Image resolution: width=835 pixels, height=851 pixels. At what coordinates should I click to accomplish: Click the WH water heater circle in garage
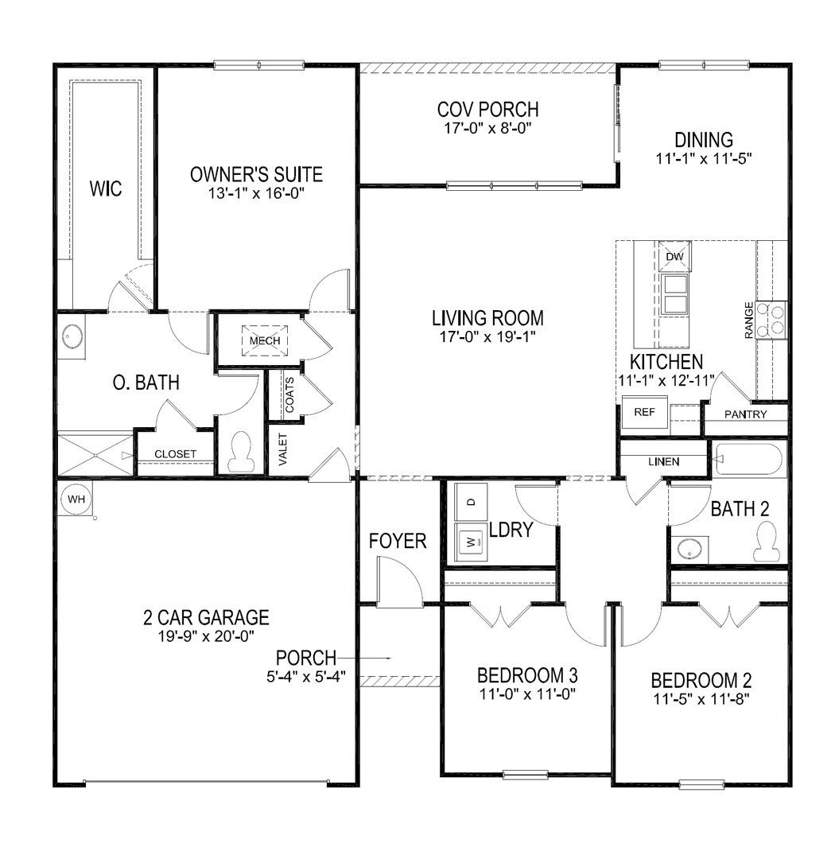click(x=76, y=499)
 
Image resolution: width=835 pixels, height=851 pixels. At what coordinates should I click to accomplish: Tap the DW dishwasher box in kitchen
click(x=674, y=257)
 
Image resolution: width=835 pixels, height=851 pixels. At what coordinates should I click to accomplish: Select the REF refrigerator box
click(x=643, y=412)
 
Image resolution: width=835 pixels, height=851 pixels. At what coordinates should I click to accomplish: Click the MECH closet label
click(x=265, y=340)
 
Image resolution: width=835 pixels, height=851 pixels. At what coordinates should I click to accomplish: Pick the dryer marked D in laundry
click(x=471, y=502)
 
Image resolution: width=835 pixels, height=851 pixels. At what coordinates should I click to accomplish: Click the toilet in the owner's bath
click(x=239, y=453)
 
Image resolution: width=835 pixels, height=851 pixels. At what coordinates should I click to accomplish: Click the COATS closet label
click(x=289, y=394)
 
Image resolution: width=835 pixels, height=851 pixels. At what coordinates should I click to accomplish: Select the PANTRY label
click(x=746, y=414)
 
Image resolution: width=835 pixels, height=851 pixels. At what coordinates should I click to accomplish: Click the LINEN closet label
click(x=663, y=461)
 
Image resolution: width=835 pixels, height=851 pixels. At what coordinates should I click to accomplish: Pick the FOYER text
click(x=398, y=542)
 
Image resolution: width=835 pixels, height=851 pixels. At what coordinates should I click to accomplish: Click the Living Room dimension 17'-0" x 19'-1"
click(x=487, y=337)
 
